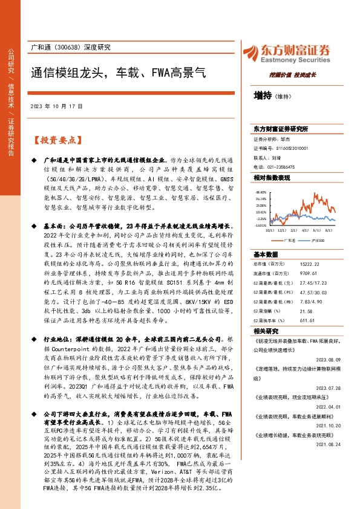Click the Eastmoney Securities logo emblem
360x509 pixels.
pos(249,53)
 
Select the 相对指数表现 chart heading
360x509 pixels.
pos(272,178)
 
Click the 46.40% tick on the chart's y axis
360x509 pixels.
pos(261,192)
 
